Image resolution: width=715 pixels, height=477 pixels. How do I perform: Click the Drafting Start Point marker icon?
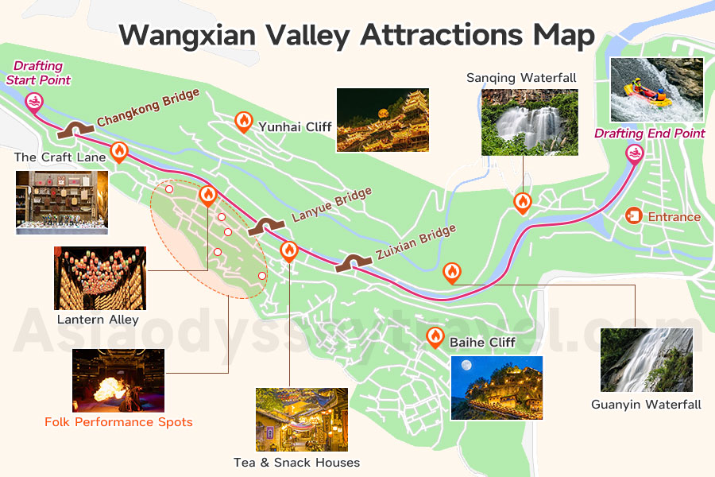click(33, 101)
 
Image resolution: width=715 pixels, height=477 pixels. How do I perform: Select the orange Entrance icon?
click(634, 215)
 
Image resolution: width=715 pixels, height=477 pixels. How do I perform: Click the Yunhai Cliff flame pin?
click(243, 122)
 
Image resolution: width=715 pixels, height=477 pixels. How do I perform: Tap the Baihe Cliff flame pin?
click(435, 336)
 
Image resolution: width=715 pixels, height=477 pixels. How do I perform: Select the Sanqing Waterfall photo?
click(529, 121)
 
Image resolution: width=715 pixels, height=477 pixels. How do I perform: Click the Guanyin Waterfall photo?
click(646, 360)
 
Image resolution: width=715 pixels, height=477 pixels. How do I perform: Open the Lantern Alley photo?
click(100, 277)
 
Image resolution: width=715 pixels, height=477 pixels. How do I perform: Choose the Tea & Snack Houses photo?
click(302, 419)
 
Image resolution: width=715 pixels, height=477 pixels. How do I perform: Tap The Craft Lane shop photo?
click(61, 201)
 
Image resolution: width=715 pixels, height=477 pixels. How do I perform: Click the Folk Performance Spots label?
click(118, 422)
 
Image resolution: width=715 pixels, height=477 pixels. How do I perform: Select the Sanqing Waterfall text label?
click(521, 78)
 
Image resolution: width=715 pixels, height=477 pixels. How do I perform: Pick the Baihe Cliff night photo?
click(497, 387)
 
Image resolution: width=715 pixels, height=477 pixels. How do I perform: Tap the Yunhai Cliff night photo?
click(382, 119)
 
